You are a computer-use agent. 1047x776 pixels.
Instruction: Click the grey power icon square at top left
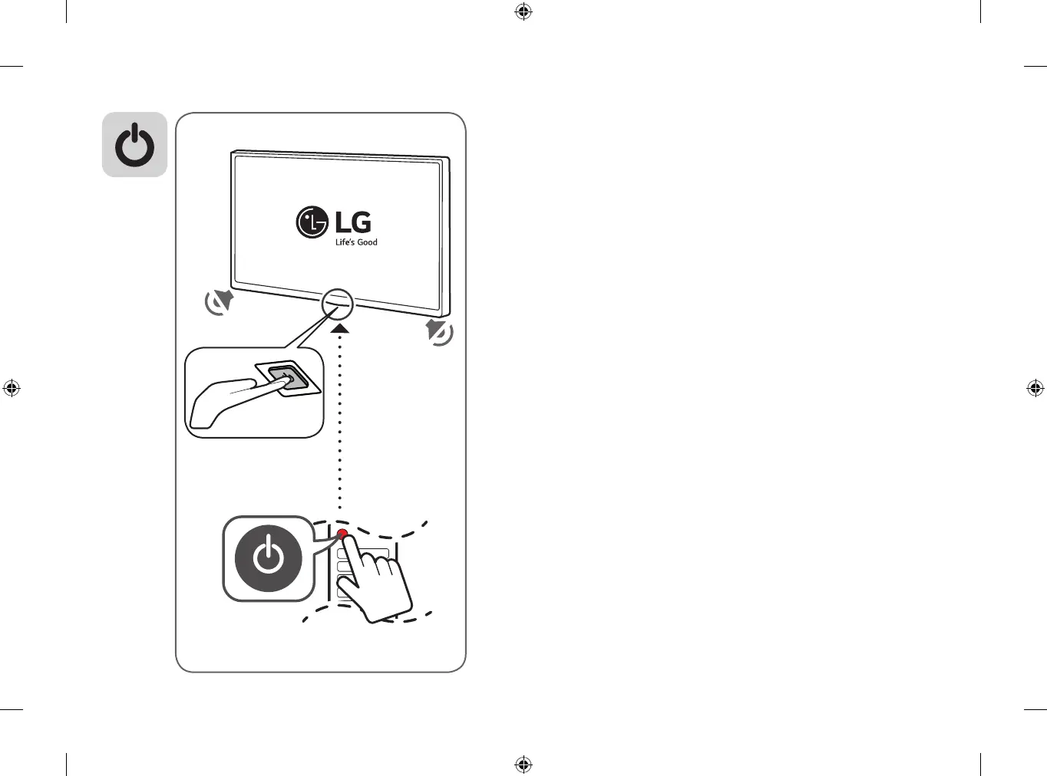tap(134, 145)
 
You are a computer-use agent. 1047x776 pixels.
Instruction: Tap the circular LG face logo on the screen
tap(312, 222)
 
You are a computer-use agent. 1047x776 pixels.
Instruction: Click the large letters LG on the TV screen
tap(353, 222)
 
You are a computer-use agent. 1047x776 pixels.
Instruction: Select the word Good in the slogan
tap(367, 242)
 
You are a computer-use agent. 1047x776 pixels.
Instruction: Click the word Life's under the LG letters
tap(345, 242)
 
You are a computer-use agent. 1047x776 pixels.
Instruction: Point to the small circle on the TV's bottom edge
tap(338, 304)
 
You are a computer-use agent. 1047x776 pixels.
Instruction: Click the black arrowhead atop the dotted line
tap(341, 328)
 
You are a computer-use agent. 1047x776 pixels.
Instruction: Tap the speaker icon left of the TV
tap(219, 302)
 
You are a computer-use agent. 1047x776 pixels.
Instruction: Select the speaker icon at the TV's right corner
tap(439, 333)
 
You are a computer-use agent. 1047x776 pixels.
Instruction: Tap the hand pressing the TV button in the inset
tap(223, 400)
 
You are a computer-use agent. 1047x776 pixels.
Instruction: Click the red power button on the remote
tap(342, 534)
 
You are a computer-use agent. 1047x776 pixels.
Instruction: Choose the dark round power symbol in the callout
tap(268, 558)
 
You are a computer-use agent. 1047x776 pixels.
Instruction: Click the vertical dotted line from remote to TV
tap(340, 429)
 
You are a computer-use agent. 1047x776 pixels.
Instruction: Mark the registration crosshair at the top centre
tap(523, 12)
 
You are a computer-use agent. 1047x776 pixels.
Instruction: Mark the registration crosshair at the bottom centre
tap(523, 764)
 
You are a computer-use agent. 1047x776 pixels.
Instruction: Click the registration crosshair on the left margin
tap(12, 388)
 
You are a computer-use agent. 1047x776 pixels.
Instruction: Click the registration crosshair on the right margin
tap(1035, 388)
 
